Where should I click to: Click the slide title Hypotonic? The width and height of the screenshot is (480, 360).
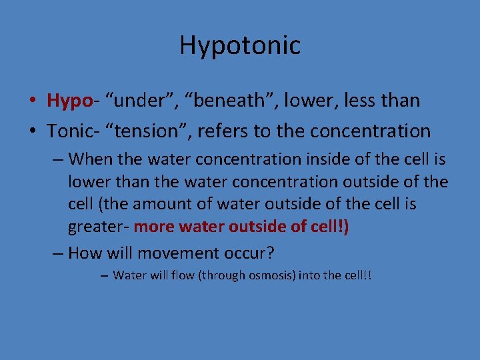[240, 45]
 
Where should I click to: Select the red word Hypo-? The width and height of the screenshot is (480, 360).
[70, 101]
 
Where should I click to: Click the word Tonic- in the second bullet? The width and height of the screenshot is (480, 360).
[70, 131]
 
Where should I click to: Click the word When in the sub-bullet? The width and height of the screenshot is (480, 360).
[89, 159]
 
